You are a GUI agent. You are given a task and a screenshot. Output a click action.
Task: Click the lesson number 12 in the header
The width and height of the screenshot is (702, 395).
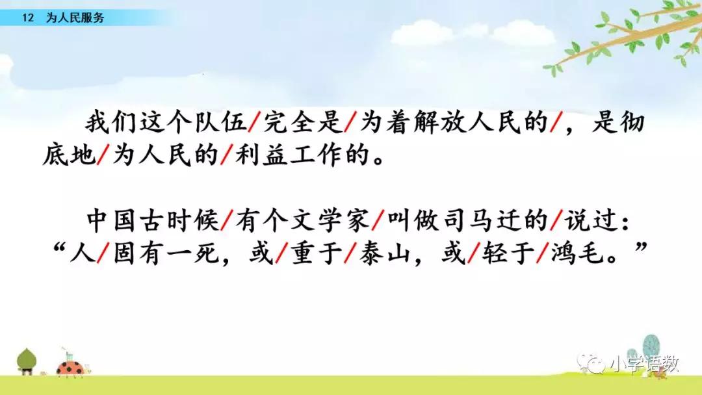[x=28, y=18]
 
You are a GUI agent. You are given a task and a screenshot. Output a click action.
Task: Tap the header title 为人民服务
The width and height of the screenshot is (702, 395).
[x=75, y=18]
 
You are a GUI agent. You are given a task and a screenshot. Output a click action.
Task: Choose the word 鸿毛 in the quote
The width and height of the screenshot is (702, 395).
[x=577, y=253]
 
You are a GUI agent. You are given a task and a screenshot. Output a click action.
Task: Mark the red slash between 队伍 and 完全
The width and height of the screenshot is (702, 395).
[x=254, y=122]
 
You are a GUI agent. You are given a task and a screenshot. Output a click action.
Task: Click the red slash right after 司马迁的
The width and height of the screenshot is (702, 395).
[x=556, y=220]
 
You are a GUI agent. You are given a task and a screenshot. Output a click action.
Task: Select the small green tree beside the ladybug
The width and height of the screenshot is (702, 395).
[x=27, y=361]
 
